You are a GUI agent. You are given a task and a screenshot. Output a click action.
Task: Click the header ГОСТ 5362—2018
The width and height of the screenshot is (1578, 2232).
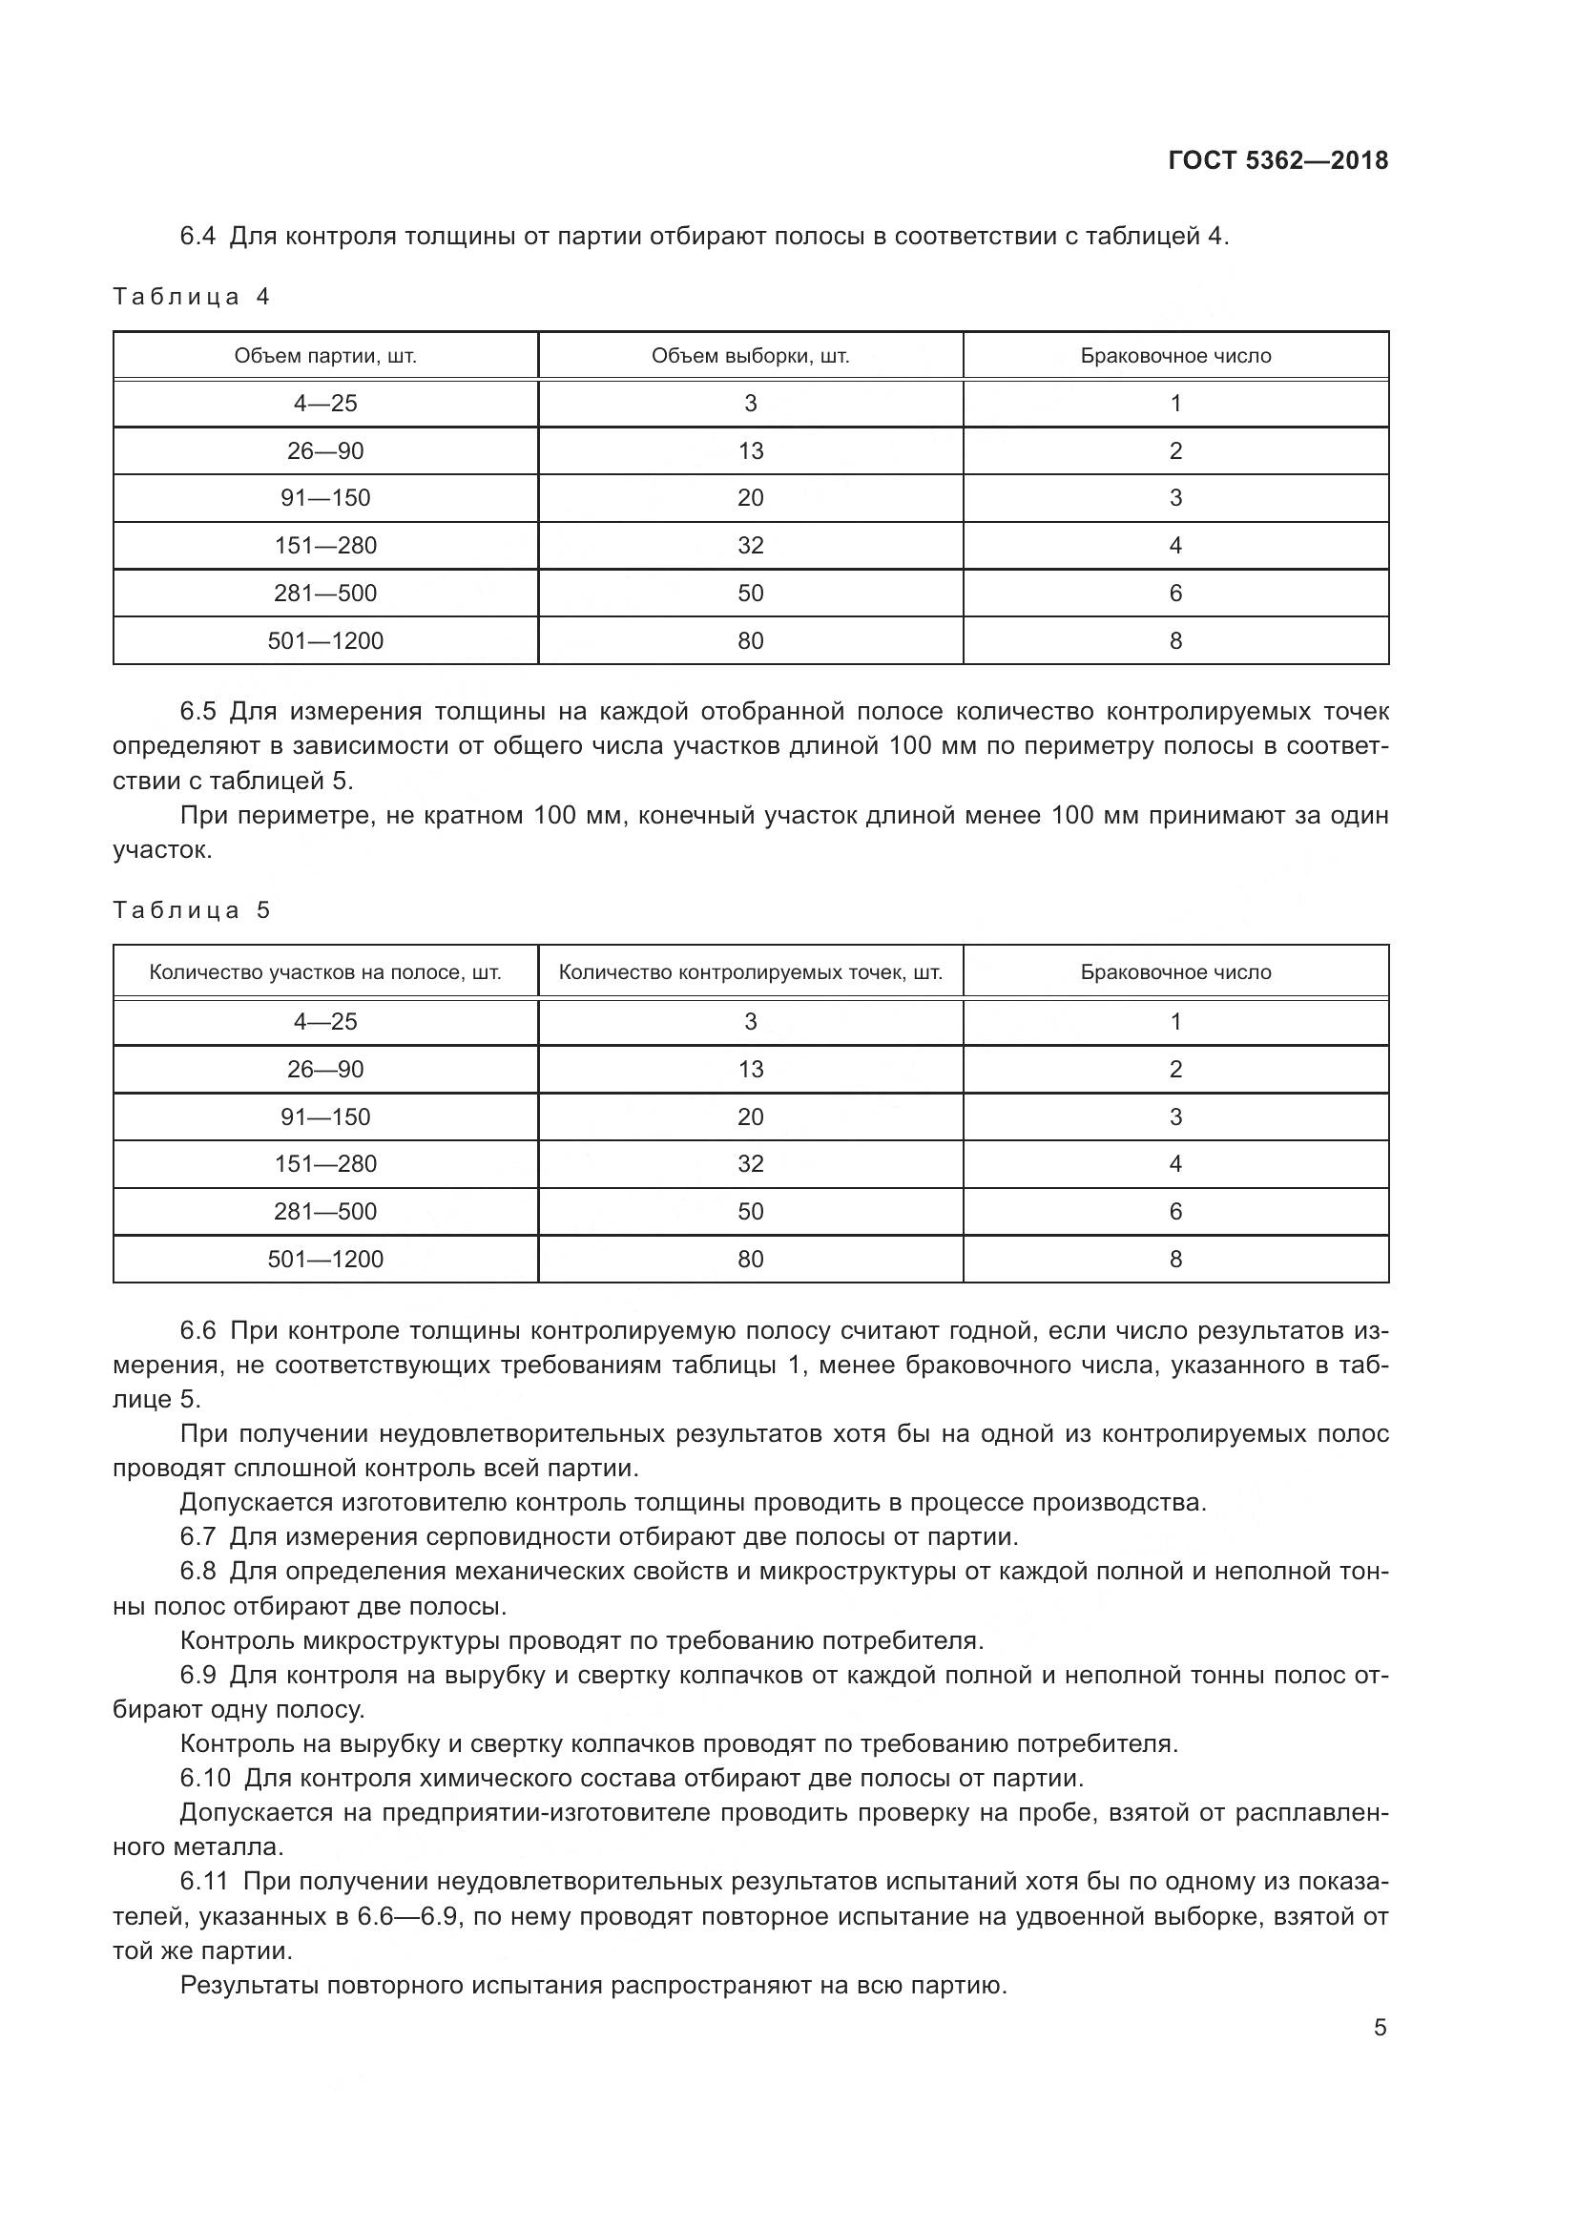(x=1277, y=160)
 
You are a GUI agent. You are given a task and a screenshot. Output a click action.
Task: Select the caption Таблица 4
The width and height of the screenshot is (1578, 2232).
(x=192, y=297)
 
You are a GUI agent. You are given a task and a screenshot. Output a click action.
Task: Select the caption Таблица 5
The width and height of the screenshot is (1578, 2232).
(x=192, y=910)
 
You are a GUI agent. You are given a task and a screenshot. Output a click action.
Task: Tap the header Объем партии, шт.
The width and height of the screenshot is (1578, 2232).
(x=325, y=356)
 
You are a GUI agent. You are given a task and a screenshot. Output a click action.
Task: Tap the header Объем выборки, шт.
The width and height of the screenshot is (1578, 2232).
(x=750, y=356)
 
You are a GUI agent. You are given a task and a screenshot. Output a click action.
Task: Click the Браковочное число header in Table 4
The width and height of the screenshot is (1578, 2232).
(x=1175, y=356)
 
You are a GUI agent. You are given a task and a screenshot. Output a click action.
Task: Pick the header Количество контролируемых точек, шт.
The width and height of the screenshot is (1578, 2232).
(x=750, y=972)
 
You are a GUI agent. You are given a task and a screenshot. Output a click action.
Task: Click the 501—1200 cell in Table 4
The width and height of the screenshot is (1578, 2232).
(x=325, y=640)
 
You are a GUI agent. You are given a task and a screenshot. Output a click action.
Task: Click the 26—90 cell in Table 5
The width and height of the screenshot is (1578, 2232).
(x=325, y=1070)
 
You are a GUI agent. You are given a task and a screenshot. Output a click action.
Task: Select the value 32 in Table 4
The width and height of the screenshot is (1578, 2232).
(x=750, y=546)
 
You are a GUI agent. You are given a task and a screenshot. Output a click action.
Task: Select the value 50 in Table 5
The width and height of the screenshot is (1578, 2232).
(x=750, y=1211)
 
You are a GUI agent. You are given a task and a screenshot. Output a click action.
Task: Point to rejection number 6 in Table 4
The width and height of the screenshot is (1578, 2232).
(x=1175, y=593)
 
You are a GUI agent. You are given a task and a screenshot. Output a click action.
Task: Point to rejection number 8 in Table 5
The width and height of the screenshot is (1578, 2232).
(x=1175, y=1259)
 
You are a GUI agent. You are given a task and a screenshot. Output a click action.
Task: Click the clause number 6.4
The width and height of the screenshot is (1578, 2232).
(x=198, y=237)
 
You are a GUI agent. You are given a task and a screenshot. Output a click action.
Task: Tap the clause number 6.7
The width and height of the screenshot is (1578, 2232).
(x=198, y=1537)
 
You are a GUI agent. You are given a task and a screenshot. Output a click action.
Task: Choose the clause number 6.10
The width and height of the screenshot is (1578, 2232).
(x=205, y=1778)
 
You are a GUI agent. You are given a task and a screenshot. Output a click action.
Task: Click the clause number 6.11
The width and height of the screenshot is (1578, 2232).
(x=204, y=1881)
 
